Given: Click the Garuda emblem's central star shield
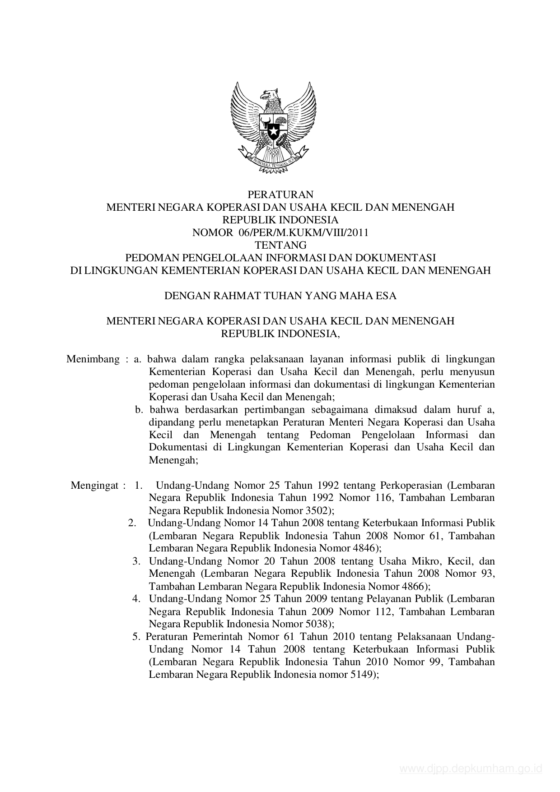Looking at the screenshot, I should [273, 131].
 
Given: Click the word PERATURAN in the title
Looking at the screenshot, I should [280, 195].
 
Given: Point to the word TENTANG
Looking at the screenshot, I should [280, 245].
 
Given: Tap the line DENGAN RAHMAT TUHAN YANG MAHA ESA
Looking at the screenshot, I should [280, 296].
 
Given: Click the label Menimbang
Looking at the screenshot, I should [93, 359].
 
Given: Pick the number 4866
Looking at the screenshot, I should [414, 586].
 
